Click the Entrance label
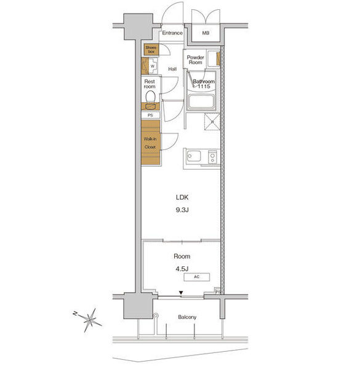coord(172,33)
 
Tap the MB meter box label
coord(206,33)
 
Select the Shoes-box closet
coord(151,49)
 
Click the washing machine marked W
coord(153,66)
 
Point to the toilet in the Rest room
coord(150,97)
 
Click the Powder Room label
coord(195,60)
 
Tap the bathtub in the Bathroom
coord(201,101)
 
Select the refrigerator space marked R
coord(212,121)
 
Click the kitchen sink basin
coord(194,156)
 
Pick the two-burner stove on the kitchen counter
coord(212,157)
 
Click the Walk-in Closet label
coord(150,143)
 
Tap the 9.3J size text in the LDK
coord(182,210)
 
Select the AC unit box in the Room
coord(196,277)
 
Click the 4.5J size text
coord(182,269)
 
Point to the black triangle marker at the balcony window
coord(181,293)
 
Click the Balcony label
coord(187,317)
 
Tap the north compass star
coord(90,320)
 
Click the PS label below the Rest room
coord(150,115)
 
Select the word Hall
coord(172,69)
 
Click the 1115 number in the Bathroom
coord(204,86)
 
